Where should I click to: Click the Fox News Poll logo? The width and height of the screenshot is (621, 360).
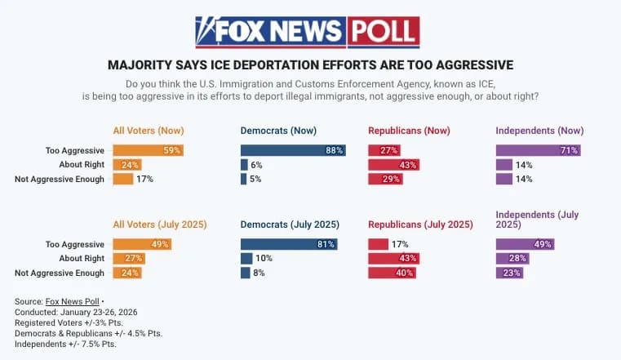pyautogui.click(x=307, y=32)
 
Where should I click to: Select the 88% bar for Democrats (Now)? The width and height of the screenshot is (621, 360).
pyautogui.click(x=293, y=150)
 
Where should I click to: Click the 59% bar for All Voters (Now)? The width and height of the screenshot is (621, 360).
pyautogui.click(x=148, y=150)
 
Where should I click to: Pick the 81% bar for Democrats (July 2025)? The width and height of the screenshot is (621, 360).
pyautogui.click(x=289, y=244)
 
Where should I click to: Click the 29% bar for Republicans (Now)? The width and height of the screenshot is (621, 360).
pyautogui.click(x=385, y=179)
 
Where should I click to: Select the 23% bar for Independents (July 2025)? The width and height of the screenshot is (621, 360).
pyautogui.click(x=509, y=273)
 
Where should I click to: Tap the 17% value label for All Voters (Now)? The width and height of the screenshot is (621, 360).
pyautogui.click(x=144, y=179)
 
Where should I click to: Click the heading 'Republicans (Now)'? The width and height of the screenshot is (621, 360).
pyautogui.click(x=409, y=131)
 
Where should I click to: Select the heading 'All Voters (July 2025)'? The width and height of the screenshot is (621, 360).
pyautogui.click(x=159, y=224)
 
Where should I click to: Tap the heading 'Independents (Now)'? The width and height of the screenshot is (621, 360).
pyautogui.click(x=540, y=131)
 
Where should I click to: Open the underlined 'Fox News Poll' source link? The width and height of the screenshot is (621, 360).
pyautogui.click(x=72, y=302)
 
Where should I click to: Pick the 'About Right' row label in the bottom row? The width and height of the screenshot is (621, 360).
pyautogui.click(x=83, y=259)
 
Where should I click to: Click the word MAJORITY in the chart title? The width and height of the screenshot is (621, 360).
pyautogui.click(x=140, y=64)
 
